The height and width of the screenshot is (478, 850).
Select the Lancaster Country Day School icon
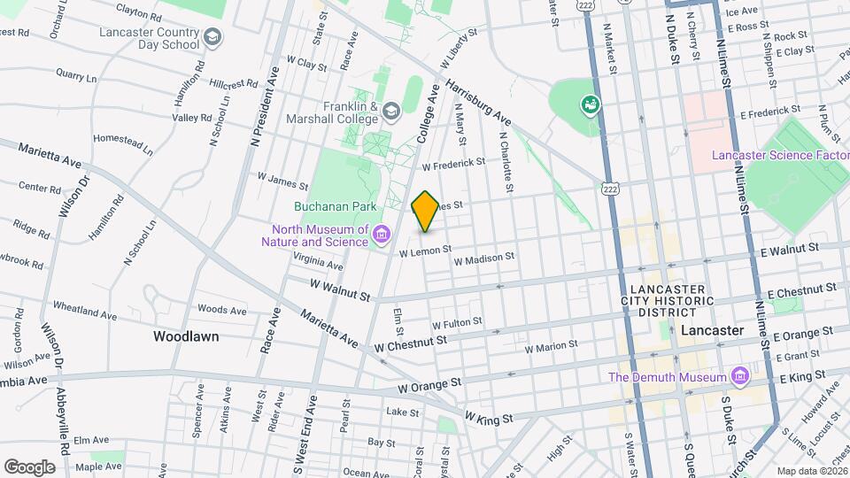pos(212,37)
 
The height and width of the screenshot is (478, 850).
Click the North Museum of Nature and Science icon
pos(382,234)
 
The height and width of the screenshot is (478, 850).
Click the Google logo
pos(29,466)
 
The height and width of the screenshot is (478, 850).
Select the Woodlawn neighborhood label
pos(186,336)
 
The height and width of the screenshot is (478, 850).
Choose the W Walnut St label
pos(339,287)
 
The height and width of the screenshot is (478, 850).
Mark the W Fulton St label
pos(456,323)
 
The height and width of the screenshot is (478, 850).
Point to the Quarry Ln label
pos(75,77)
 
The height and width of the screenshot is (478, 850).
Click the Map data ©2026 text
pos(812,471)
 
